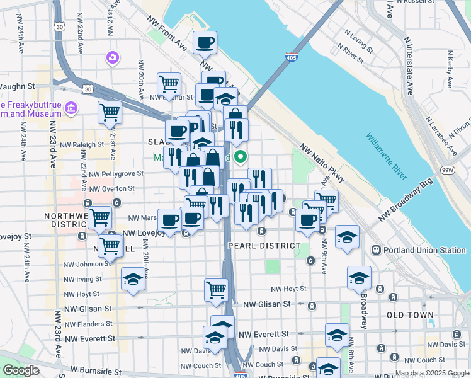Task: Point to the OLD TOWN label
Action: (x=410, y=314)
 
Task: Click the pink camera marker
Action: (x=113, y=58)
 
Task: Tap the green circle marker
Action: (x=240, y=158)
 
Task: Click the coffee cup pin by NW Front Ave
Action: (x=205, y=43)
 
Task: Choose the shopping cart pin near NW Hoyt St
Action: (x=216, y=290)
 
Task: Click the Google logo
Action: (x=21, y=370)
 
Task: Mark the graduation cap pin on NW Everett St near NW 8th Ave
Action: (x=337, y=335)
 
